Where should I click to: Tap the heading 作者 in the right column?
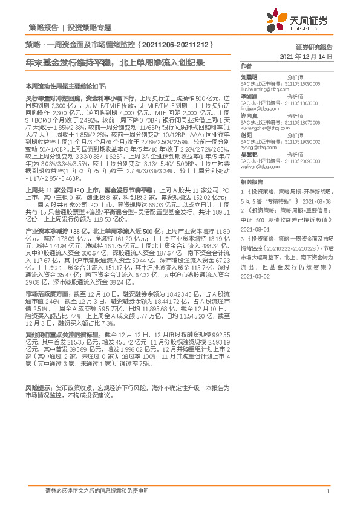coord(245,65)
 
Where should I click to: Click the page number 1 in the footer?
coord(327,491)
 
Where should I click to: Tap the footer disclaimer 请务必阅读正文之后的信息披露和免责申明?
coord(97,491)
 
